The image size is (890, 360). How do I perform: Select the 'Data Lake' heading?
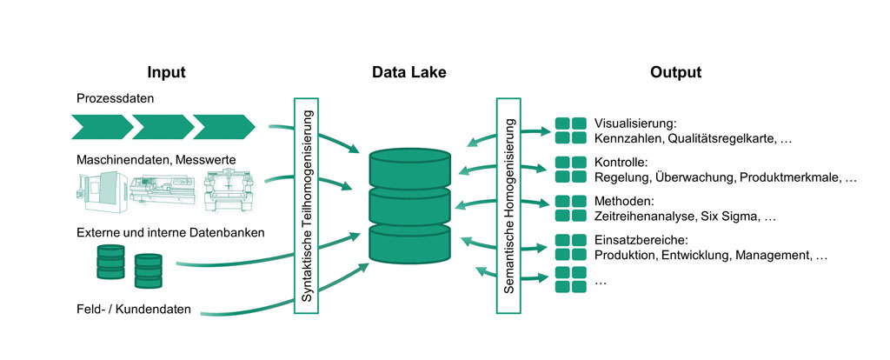pyautogui.click(x=408, y=72)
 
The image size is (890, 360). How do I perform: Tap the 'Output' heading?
pyautogui.click(x=675, y=72)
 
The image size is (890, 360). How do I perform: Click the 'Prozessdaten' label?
pyautogui.click(x=114, y=99)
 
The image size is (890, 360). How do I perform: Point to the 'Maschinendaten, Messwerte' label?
pyautogui.click(x=155, y=159)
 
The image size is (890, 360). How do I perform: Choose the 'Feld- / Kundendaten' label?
pyautogui.click(x=133, y=310)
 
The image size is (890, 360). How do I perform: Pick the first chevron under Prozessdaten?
pyautogui.click(x=102, y=125)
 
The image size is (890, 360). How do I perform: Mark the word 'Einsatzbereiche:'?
pyautogui.click(x=641, y=240)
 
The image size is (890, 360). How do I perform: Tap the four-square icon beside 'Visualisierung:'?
pyautogui.click(x=570, y=130)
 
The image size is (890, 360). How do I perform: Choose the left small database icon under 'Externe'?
pyautogui.click(x=110, y=262)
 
